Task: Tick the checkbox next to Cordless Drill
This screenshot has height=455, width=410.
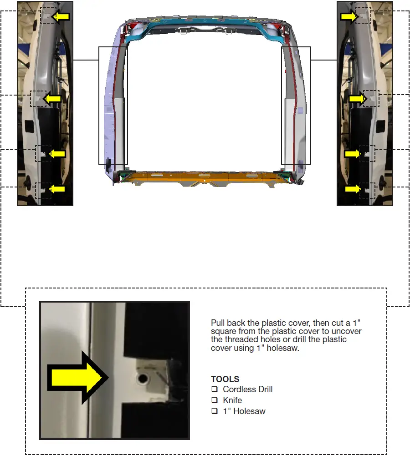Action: (x=214, y=389)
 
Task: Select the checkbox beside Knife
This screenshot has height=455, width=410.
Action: (x=214, y=400)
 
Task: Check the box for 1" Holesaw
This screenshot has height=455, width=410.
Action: (x=214, y=411)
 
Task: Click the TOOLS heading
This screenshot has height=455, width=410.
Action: (x=225, y=379)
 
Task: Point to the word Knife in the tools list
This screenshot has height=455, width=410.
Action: (x=232, y=400)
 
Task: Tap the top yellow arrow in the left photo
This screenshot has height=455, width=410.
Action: (x=61, y=17)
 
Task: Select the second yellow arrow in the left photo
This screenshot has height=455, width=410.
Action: (x=53, y=98)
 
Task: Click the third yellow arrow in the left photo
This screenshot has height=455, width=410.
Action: (x=57, y=154)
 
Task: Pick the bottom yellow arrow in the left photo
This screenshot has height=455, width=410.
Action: (x=57, y=189)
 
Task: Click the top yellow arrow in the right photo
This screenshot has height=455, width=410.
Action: (x=349, y=17)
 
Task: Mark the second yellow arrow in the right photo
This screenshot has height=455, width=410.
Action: (x=358, y=98)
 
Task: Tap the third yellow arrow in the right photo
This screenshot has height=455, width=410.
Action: (x=353, y=154)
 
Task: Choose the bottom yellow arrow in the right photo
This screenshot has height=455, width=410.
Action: (x=353, y=189)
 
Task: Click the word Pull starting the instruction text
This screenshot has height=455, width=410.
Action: (x=218, y=323)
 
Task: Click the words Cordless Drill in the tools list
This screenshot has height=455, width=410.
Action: (x=248, y=389)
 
